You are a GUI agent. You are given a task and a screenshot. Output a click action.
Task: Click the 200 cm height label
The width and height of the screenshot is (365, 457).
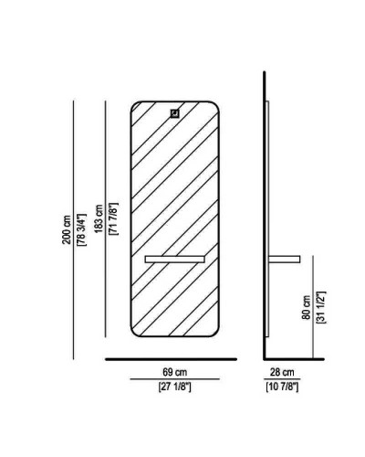click(x=67, y=229)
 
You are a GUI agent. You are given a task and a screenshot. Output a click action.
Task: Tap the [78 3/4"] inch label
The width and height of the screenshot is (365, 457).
click(x=82, y=229)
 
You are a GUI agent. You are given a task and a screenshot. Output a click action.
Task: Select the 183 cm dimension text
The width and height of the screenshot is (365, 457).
click(x=99, y=218)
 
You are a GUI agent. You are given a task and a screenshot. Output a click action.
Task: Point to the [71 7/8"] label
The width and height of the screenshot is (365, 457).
click(x=113, y=218)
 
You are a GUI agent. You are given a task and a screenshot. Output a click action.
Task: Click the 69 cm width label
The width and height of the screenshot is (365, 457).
click(x=175, y=372)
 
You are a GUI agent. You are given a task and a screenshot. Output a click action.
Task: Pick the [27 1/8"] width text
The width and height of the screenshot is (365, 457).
click(x=175, y=387)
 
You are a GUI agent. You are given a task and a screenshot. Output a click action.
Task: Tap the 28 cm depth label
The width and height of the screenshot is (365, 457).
click(x=282, y=372)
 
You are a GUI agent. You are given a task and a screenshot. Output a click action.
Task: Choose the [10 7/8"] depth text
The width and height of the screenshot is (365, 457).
click(x=282, y=387)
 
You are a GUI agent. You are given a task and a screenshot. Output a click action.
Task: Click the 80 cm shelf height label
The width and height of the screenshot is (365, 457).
click(x=307, y=307)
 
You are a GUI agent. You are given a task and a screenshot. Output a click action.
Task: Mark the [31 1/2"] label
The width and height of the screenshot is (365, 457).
click(x=321, y=307)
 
